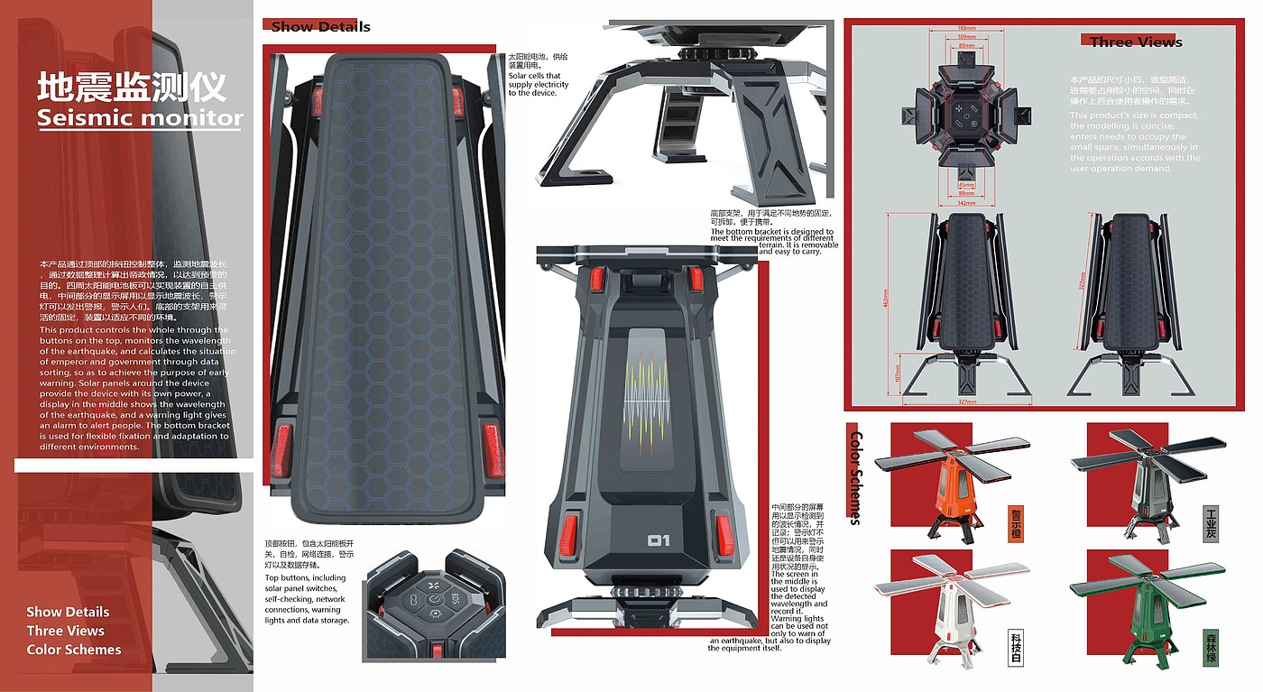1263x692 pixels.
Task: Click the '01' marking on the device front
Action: [659, 541]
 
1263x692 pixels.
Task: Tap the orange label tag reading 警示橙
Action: [1016, 524]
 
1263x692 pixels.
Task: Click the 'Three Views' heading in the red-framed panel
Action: [1136, 42]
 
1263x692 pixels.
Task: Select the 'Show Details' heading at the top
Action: [321, 27]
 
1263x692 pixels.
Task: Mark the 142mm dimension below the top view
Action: [966, 204]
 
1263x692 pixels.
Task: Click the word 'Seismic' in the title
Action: [86, 118]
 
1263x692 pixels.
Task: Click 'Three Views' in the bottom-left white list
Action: [65, 631]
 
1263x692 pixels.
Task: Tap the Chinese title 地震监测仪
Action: [132, 88]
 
